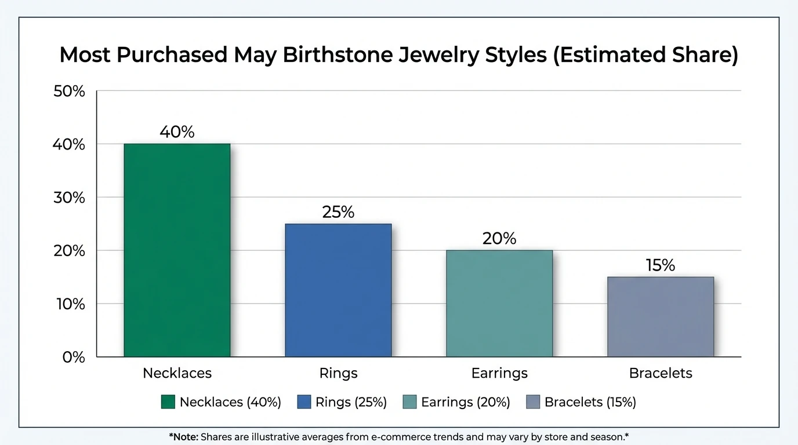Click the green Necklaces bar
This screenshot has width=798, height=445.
177,250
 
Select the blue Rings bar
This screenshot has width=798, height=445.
338,290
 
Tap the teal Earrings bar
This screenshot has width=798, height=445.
499,303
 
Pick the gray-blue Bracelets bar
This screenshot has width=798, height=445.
661,316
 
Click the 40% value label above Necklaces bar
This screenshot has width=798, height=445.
177,132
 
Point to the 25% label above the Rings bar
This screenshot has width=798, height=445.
338,212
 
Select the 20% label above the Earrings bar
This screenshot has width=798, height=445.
499,239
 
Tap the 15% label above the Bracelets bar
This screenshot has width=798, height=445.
661,265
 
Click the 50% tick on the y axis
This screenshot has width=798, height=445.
69,91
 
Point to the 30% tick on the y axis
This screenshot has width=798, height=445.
69,198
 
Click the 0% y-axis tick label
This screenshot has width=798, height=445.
74,358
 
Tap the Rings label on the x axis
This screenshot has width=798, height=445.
338,373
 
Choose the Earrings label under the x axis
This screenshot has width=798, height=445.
499,373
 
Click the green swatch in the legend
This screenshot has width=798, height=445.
168,402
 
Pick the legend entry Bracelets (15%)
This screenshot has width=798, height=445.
590,402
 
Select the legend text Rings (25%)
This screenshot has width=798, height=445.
351,402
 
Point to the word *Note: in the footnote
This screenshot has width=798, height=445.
183,437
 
